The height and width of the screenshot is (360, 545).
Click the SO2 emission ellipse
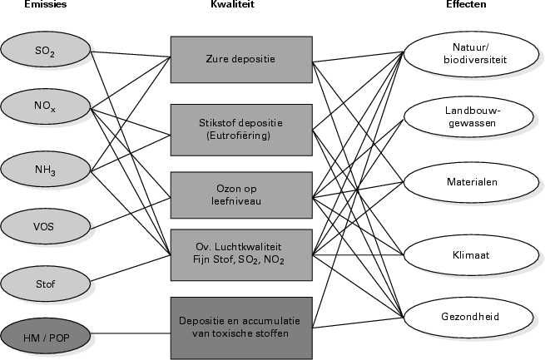(x=46, y=51)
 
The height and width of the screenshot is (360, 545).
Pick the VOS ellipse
(x=46, y=224)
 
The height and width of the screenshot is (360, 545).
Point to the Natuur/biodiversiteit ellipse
(x=469, y=53)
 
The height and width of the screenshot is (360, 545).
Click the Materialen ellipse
(x=469, y=183)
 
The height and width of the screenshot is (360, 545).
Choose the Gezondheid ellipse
(x=469, y=316)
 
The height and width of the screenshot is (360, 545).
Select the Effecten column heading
(x=466, y=5)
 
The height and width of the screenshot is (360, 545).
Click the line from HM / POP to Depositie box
(x=131, y=335)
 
